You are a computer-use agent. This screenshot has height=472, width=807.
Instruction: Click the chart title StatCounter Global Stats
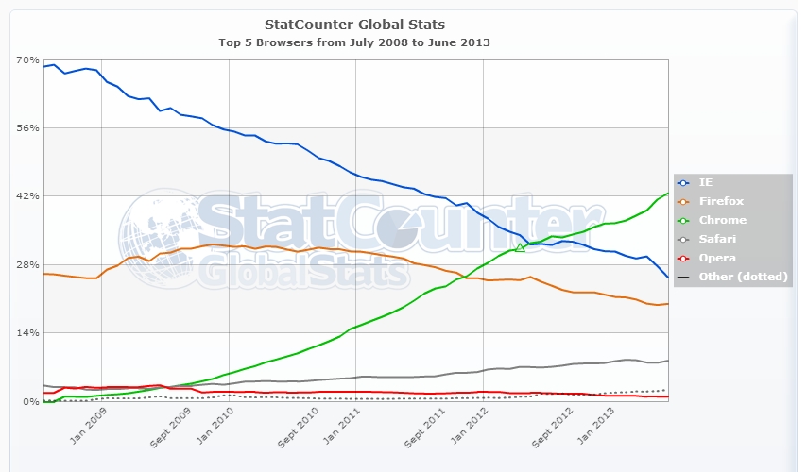tap(354, 24)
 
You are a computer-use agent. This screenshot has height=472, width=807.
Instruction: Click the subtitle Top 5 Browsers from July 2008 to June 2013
tap(354, 42)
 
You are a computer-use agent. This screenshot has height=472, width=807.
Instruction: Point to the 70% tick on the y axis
tap(26, 59)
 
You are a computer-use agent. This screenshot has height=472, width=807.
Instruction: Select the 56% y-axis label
tap(26, 128)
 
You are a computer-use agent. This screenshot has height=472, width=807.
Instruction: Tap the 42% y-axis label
tap(26, 196)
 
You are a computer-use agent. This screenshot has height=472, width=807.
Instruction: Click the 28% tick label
tap(26, 265)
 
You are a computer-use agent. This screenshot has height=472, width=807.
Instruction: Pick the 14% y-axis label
tap(26, 333)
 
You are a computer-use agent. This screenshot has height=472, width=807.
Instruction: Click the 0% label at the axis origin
tap(30, 402)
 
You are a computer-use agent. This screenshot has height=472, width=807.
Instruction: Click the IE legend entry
tap(706, 182)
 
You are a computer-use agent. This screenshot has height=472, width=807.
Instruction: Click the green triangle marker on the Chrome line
tap(520, 247)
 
